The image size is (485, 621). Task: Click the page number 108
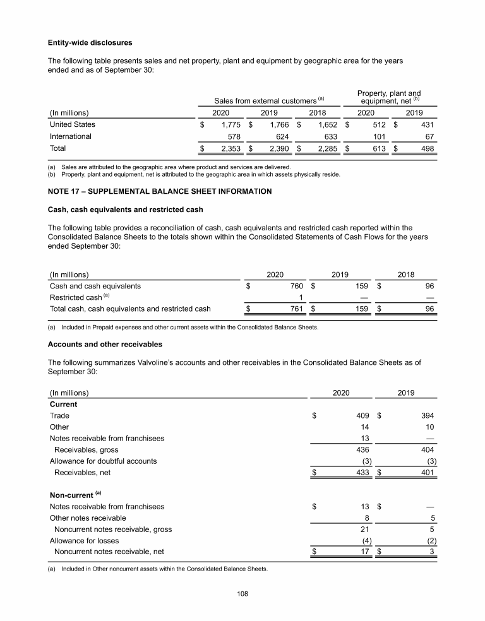tap(242, 592)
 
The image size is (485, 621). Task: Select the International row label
tap(70, 136)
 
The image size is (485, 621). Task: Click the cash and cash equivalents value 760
tap(297, 286)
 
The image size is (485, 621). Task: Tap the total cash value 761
tap(297, 309)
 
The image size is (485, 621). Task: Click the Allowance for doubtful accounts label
tap(103, 461)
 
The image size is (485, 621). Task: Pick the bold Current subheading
tap(63, 405)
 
